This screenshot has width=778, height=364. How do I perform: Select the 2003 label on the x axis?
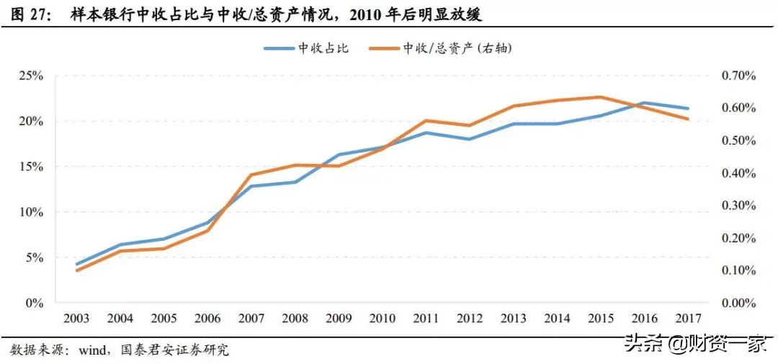point(76,318)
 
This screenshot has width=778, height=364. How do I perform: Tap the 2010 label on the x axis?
point(382,318)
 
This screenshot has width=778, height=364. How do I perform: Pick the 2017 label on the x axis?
point(688,318)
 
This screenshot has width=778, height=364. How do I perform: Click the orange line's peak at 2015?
point(601,96)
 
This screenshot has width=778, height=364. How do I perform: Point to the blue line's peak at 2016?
point(644,103)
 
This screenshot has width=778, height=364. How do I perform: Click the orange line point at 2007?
point(251,175)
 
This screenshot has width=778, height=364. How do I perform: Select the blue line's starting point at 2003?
point(76,264)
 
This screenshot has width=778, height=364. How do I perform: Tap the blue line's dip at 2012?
point(469,139)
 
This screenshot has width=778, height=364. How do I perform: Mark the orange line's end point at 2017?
point(688,119)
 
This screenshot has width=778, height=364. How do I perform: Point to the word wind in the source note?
point(92,350)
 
